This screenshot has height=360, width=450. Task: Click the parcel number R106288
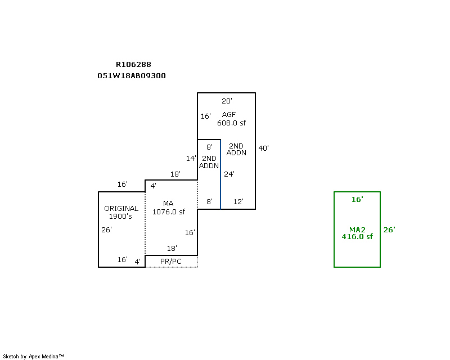click(x=133, y=65)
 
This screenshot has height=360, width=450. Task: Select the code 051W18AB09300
click(x=132, y=75)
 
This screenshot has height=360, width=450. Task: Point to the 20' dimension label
click(x=227, y=101)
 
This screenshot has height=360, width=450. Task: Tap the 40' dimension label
click(x=263, y=148)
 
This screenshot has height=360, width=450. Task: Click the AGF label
click(x=229, y=115)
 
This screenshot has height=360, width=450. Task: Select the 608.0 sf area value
click(x=232, y=123)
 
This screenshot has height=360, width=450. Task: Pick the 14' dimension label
click(x=192, y=159)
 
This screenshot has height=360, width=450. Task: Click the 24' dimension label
click(x=229, y=174)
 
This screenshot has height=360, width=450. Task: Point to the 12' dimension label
click(x=238, y=201)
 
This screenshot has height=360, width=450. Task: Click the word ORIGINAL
click(x=121, y=209)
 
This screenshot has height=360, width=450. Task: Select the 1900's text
click(x=120, y=217)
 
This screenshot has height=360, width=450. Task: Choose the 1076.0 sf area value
click(x=169, y=212)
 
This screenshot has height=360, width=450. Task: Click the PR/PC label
click(x=171, y=262)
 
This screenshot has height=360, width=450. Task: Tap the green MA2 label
click(x=357, y=229)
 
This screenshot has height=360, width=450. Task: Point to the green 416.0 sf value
click(x=357, y=237)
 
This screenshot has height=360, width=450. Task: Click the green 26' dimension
click(x=389, y=229)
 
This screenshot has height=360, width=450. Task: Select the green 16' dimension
click(x=357, y=200)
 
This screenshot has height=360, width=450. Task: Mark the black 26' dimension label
click(x=107, y=229)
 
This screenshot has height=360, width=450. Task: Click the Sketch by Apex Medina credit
click(x=34, y=356)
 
